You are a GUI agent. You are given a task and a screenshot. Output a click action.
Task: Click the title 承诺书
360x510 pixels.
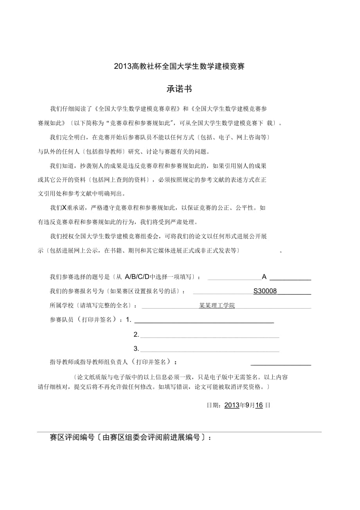tap(179, 89)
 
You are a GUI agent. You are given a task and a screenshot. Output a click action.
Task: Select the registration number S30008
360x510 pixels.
tap(265, 291)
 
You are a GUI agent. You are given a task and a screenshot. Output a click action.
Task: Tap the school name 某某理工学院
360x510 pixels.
tap(217, 306)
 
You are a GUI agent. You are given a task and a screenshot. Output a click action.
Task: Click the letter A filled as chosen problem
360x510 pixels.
tap(264, 277)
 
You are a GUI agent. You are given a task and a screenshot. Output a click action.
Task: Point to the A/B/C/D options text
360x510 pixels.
tap(137, 277)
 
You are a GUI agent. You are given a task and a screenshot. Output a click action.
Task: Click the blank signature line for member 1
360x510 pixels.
tap(204, 320)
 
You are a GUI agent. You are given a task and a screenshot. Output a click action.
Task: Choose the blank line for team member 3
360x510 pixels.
tap(209, 349)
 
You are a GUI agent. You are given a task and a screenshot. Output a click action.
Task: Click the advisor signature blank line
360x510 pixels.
tap(281, 363)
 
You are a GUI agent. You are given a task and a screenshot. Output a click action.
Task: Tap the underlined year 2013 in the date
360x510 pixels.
tap(232, 405)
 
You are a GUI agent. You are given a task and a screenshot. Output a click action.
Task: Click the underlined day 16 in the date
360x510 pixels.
tap(259, 405)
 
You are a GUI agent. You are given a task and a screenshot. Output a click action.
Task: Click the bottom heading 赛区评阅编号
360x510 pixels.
tap(72, 438)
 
